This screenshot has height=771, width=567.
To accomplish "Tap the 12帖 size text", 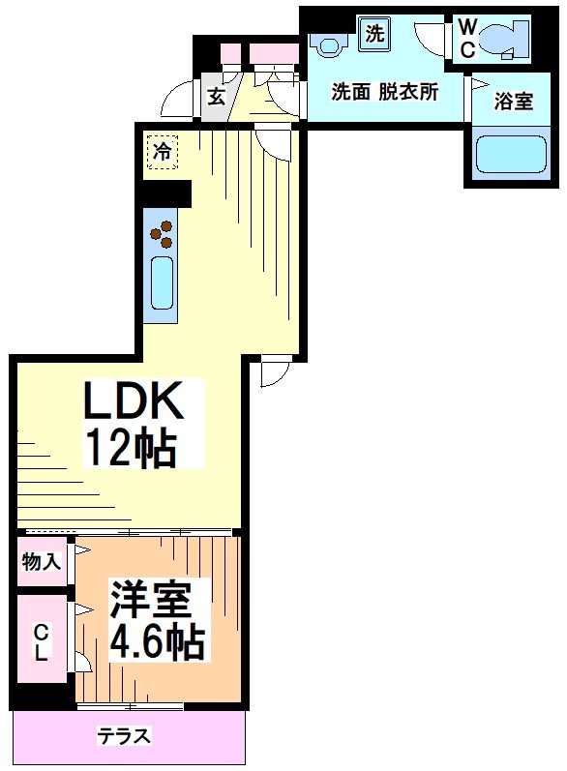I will pyautogui.click(x=132, y=447).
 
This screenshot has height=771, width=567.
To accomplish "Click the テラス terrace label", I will pyautogui.click(x=125, y=737).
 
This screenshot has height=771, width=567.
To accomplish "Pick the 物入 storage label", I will pyautogui.click(x=42, y=562).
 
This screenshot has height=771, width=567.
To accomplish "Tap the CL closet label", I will pyautogui.click(x=41, y=641).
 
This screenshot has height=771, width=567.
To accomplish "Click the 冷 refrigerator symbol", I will pyautogui.click(x=164, y=151).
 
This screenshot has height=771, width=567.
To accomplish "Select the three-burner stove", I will pyautogui.click(x=163, y=233).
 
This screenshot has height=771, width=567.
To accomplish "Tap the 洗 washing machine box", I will pyautogui.click(x=374, y=32).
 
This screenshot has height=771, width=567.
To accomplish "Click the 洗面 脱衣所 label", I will pyautogui.click(x=384, y=93).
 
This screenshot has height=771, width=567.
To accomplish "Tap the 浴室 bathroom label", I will pyautogui.click(x=513, y=101).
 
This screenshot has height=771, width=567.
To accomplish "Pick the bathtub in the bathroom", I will pyautogui.click(x=511, y=154).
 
